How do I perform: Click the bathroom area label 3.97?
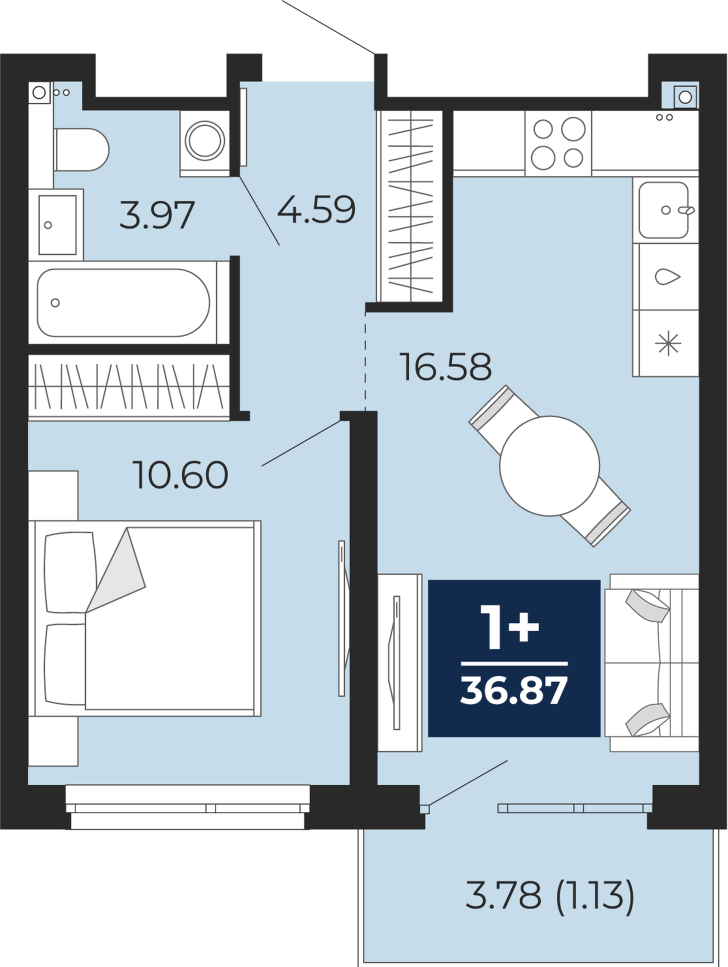point(157,215)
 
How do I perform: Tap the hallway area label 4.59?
point(316,209)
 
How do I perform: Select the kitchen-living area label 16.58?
point(446,367)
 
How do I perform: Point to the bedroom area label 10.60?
point(183,474)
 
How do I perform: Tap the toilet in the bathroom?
point(81,149)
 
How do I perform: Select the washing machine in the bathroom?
point(205,143)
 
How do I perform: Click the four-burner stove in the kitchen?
point(558,143)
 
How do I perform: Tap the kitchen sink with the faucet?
point(665,209)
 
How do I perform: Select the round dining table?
point(549,466)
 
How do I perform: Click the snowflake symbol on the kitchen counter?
point(668,343)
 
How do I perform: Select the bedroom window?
point(188,806)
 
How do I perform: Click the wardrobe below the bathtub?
point(129,386)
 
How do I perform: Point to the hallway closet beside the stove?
point(410,206)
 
